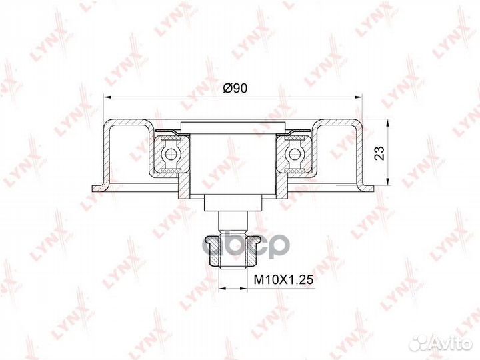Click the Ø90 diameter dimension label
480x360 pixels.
coord(235,89)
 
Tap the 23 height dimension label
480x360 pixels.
coord(379,154)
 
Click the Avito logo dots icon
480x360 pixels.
coord(418,342)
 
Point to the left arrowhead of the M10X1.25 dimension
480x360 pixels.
coord(221,289)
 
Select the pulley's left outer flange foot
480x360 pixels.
coord(96,187)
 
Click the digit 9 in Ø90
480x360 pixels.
coord(237,89)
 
